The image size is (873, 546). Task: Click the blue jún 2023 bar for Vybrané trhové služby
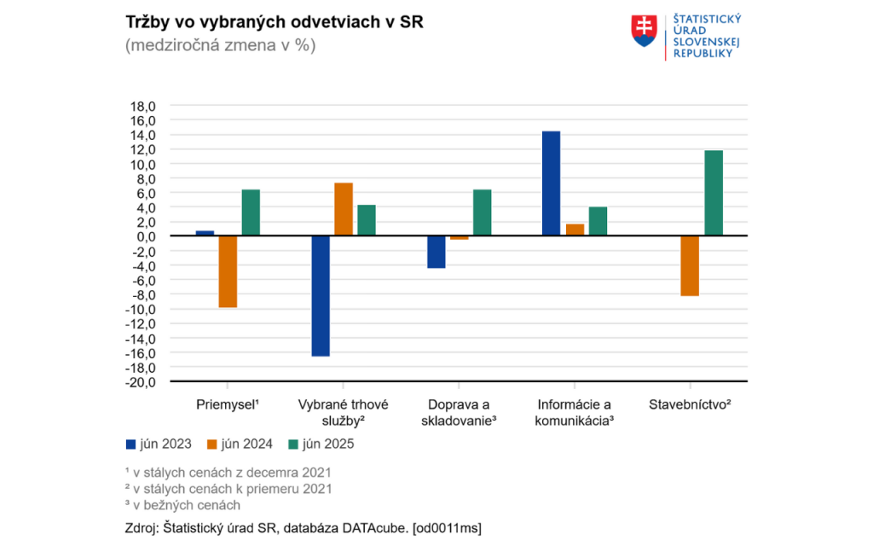321,295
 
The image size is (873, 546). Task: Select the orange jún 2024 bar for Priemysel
228,271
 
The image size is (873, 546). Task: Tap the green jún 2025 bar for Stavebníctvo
714,193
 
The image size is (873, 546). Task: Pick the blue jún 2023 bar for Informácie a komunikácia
552,183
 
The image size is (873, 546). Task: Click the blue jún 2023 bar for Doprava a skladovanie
436,252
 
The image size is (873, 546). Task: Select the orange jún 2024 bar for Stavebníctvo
691,265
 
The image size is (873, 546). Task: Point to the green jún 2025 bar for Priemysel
251,212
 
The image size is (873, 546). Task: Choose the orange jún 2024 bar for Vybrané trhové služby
344,209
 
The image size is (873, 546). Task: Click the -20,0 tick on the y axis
140,381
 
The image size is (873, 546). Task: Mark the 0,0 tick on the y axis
144,236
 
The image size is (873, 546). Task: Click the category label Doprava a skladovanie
459,412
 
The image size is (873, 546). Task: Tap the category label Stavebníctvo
691,404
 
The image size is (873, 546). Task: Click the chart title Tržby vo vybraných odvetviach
274,22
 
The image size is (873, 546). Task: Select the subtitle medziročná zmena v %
220,46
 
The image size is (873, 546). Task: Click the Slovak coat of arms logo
644,31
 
